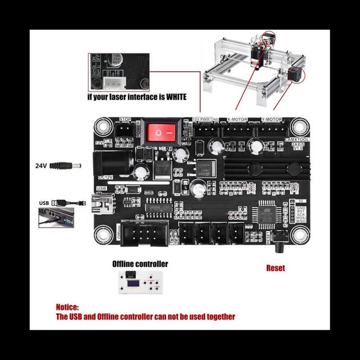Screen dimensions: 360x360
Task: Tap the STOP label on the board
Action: (x=125, y=119)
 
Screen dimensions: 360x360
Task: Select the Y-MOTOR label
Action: (x=272, y=120)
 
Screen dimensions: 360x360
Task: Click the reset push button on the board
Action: (x=282, y=238)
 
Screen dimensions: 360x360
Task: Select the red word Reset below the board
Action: (x=275, y=268)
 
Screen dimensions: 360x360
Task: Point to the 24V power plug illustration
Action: (x=66, y=166)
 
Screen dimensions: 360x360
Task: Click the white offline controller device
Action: (x=140, y=283)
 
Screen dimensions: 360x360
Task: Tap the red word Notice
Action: (x=67, y=307)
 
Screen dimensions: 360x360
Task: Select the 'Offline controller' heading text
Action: (x=140, y=264)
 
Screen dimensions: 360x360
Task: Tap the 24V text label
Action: (x=41, y=166)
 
